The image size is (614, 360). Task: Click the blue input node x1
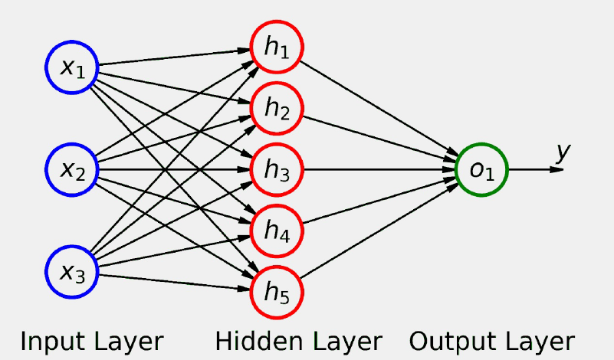pyautogui.click(x=72, y=67)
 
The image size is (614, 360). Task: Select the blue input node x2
pyautogui.click(x=72, y=169)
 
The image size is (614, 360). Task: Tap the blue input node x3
pyautogui.click(x=72, y=270)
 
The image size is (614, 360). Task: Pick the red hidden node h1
pyautogui.click(x=277, y=47)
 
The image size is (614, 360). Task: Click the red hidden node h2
pyautogui.click(x=277, y=108)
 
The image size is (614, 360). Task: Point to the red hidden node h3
pyautogui.click(x=277, y=169)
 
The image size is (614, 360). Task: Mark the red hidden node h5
pyautogui.click(x=277, y=290)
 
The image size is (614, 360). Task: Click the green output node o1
pyautogui.click(x=481, y=169)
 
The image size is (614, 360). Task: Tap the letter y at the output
pyautogui.click(x=563, y=152)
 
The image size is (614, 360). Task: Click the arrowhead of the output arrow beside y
pyautogui.click(x=557, y=169)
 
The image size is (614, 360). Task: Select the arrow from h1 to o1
pyautogui.click(x=376, y=106)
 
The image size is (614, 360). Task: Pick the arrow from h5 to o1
pyautogui.click(x=376, y=231)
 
